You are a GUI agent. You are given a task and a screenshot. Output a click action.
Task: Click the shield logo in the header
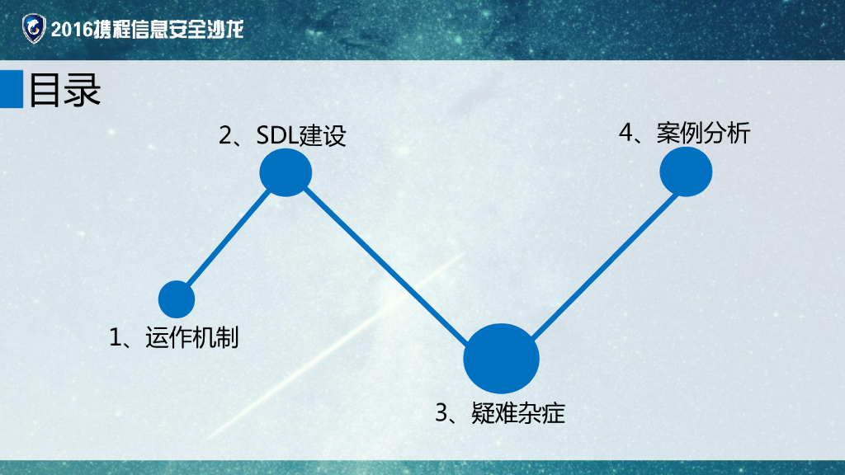tap(33, 30)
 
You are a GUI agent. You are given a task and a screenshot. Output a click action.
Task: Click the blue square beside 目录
tap(11, 89)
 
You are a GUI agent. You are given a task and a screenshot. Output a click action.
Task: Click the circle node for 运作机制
tap(177, 299)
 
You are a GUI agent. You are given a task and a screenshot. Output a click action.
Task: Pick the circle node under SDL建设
tap(286, 172)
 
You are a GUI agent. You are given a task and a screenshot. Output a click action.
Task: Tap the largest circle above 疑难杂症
tap(501, 359)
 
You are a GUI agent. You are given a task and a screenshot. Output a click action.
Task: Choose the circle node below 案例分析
tap(686, 171)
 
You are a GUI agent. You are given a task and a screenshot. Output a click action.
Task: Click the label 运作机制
tap(192, 337)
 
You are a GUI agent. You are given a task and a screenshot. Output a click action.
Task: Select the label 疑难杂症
tap(518, 413)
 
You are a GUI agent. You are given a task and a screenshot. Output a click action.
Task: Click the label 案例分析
tap(704, 134)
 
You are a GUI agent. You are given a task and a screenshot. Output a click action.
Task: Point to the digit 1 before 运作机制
tap(116, 337)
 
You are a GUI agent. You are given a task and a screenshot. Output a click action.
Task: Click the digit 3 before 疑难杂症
tap(441, 413)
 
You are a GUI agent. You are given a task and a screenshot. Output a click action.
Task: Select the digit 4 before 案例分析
tap(626, 134)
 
